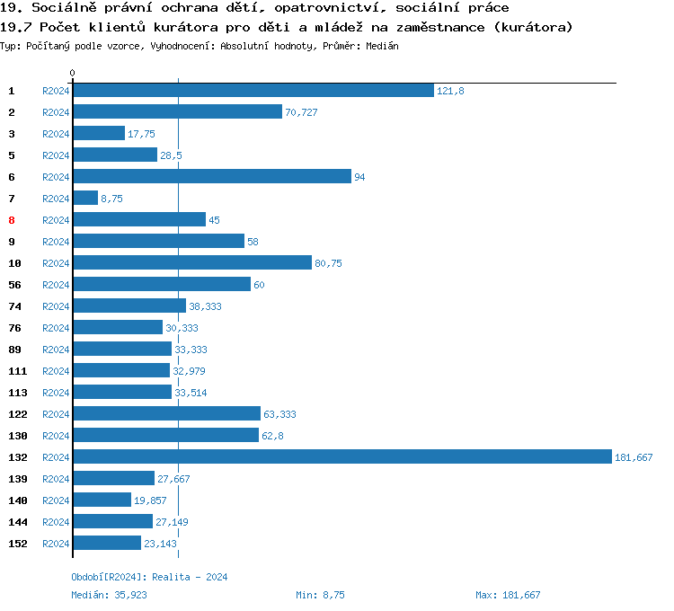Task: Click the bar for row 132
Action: tap(341, 457)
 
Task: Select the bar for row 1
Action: tap(253, 91)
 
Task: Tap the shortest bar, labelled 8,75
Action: tap(85, 199)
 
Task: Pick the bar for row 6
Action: tap(211, 177)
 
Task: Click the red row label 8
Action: tap(12, 220)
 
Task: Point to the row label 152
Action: tap(17, 544)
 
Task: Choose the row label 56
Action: tap(14, 285)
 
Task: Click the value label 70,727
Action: tap(301, 112)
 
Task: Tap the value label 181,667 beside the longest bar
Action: tap(634, 457)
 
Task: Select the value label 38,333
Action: tap(205, 306)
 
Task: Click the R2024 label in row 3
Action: tap(56, 134)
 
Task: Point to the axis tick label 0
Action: tap(73, 73)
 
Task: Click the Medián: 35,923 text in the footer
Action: tap(109, 595)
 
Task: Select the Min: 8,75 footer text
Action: tap(320, 595)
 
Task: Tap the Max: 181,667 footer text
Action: tap(508, 595)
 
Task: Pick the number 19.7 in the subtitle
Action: tap(15, 27)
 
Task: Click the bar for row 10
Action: tap(192, 263)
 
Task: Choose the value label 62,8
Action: tap(272, 436)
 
